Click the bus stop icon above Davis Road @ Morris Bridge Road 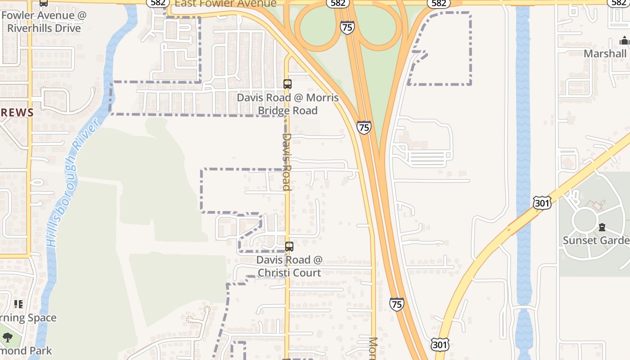pos(288,84)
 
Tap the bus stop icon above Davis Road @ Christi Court pos(289,247)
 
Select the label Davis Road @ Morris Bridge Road pos(288,104)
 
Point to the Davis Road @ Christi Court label pos(289,266)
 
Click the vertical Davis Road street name pos(287,162)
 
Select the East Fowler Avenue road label pos(225,4)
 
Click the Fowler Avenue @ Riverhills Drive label pos(44,22)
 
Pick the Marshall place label pos(605,54)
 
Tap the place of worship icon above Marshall pos(624,41)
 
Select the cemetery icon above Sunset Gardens pos(602,227)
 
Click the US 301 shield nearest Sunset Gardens pos(542,202)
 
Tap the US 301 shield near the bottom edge pos(439,345)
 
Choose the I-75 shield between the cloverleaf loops pos(347,27)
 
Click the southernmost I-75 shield pos(396,304)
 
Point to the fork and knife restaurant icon pos(18,304)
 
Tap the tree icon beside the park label pos(7,337)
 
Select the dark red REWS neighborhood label pos(17,112)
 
